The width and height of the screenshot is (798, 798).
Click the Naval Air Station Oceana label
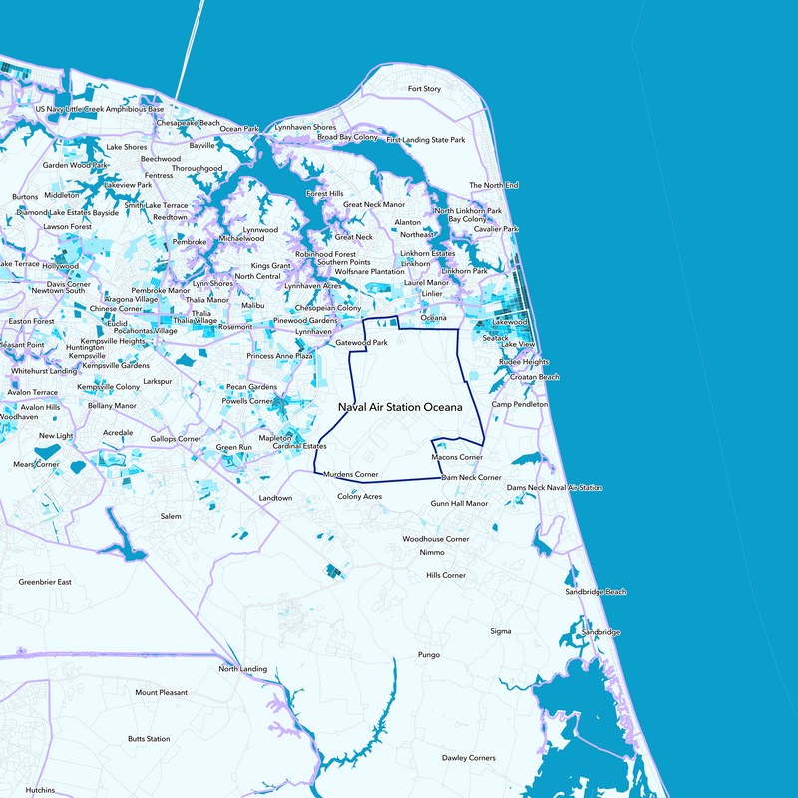tap(400, 408)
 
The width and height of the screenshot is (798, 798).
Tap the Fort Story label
tap(425, 89)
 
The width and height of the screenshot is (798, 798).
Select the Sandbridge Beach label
tap(596, 592)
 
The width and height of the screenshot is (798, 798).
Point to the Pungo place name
tap(429, 655)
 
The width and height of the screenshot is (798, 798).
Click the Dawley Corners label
tap(469, 758)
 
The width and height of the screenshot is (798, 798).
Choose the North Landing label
tap(243, 669)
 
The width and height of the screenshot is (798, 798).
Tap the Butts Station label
tap(149, 739)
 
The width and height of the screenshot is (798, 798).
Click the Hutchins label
tap(41, 790)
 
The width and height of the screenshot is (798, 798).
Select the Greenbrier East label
tap(46, 581)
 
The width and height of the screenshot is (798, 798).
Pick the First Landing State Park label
tap(426, 140)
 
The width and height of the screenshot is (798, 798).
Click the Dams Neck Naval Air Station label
tap(556, 488)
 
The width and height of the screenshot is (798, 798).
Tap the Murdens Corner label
tap(351, 474)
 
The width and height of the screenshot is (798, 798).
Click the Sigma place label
tap(501, 631)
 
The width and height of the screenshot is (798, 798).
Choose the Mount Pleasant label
tap(161, 692)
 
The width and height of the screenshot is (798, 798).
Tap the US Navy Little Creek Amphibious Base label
tap(99, 109)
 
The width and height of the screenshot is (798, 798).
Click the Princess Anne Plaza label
tap(280, 356)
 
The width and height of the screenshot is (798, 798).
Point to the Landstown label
tap(276, 498)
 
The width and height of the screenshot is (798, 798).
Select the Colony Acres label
tap(359, 496)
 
